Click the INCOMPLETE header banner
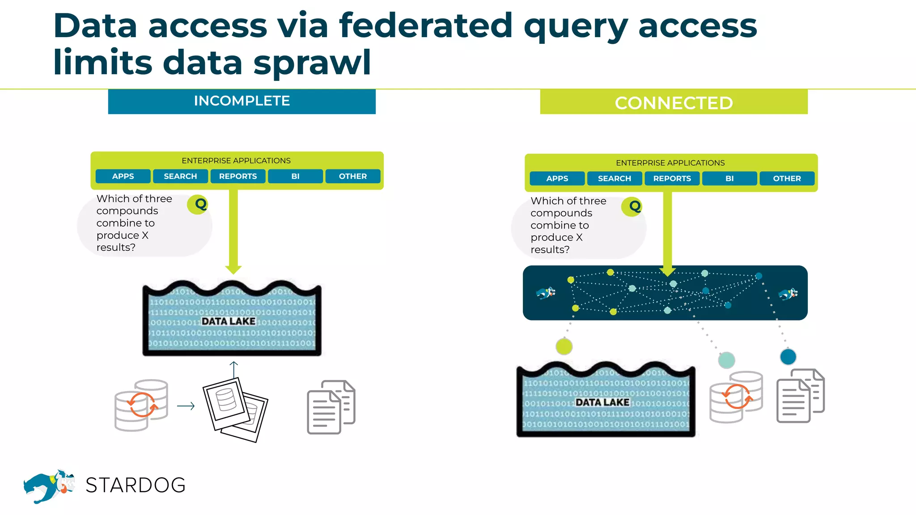[x=242, y=101]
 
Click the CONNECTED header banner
[x=674, y=102]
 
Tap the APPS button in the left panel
[x=123, y=176]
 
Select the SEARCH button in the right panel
[x=614, y=178]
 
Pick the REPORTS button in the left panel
[x=238, y=176]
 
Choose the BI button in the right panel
[x=729, y=178]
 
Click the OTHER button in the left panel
[x=352, y=176]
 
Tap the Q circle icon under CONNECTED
[x=632, y=207]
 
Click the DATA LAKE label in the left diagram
[x=229, y=321]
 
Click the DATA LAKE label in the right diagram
[x=602, y=402]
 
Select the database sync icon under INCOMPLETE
[x=141, y=405]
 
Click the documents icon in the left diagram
[x=331, y=407]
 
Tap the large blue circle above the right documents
[x=788, y=357]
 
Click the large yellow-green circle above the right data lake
[x=564, y=346]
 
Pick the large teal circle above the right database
[x=726, y=360]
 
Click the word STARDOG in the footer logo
[x=136, y=485]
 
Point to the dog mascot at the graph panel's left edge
[x=546, y=293]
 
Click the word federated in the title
[x=425, y=26]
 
